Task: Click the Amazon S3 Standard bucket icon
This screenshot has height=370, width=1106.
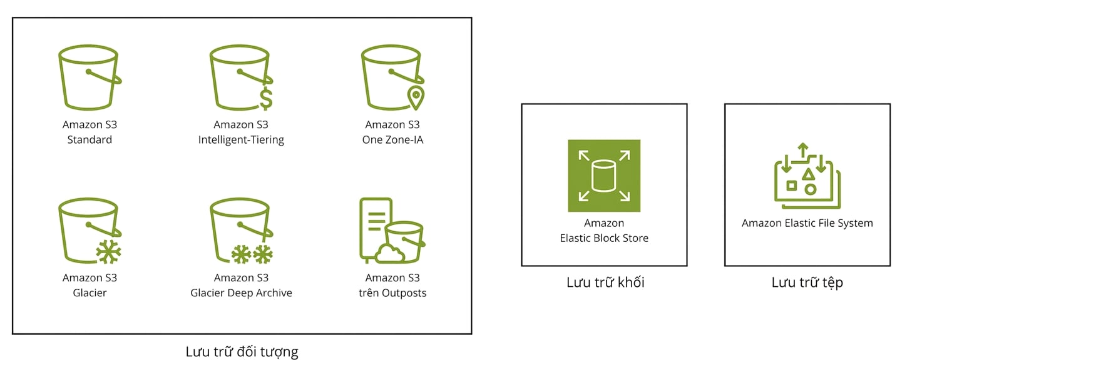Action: click(x=89, y=77)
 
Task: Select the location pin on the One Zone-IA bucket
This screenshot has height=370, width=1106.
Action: click(x=416, y=97)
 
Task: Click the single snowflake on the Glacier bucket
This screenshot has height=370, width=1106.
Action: click(x=108, y=252)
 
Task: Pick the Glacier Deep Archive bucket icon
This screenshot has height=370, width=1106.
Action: click(x=241, y=231)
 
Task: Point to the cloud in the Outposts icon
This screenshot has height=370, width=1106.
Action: click(x=389, y=254)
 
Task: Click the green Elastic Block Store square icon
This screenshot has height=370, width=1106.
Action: click(x=604, y=176)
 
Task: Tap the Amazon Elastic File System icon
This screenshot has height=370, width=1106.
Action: click(x=807, y=176)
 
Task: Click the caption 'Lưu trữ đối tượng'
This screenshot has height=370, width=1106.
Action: click(x=242, y=352)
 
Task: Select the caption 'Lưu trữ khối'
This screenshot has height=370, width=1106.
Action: click(x=605, y=282)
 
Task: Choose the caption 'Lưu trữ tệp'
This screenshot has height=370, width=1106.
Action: click(x=807, y=282)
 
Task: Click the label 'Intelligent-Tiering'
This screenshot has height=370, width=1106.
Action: click(x=241, y=140)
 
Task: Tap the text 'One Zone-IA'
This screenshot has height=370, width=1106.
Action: click(x=392, y=140)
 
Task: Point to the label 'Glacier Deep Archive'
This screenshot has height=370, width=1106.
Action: click(x=241, y=293)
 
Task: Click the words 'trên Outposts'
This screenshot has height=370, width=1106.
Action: click(x=392, y=293)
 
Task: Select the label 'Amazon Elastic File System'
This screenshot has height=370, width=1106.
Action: click(x=807, y=223)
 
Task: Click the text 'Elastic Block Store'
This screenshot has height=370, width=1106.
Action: click(x=604, y=238)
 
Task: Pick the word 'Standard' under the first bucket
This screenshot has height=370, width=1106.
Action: click(x=90, y=140)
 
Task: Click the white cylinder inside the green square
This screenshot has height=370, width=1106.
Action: click(x=604, y=176)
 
